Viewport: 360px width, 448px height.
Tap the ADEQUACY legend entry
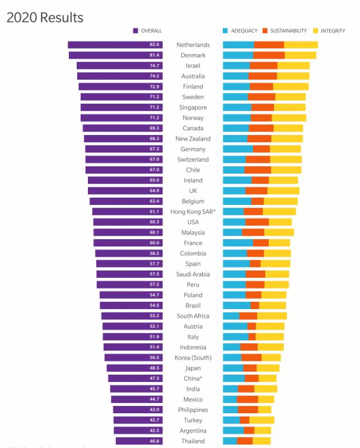pyautogui.click(x=240, y=31)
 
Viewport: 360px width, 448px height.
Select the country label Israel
pyautogui.click(x=193, y=66)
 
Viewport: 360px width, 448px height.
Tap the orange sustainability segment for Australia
pyautogui.click(x=263, y=76)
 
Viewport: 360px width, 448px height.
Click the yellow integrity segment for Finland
pyautogui.click(x=291, y=87)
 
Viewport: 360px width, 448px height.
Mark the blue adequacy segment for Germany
pyautogui.click(x=238, y=150)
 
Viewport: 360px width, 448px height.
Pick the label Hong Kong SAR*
pyautogui.click(x=193, y=212)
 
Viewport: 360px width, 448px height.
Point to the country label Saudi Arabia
pyautogui.click(x=193, y=274)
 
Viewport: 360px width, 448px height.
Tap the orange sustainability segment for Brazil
pyautogui.click(x=255, y=306)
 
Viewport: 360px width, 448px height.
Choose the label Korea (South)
pyautogui.click(x=193, y=358)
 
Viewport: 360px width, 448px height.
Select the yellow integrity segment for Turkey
pyautogui.click(x=261, y=421)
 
